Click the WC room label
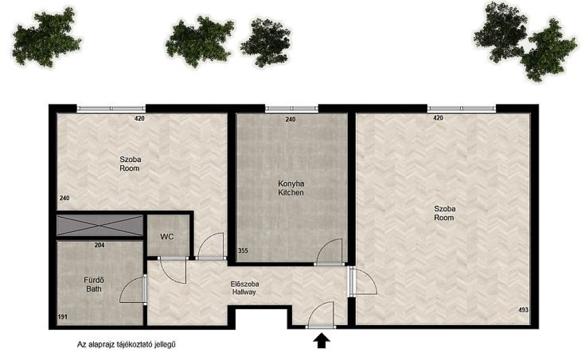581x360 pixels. (167, 236)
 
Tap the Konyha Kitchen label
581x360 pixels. (291, 188)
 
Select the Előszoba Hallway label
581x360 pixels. (245, 288)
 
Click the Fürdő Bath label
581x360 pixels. (94, 285)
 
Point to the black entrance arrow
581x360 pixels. (321, 341)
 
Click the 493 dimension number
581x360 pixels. (523, 310)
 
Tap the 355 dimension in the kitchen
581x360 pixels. (243, 251)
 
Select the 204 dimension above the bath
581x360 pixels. (99, 245)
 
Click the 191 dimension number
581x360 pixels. (62, 317)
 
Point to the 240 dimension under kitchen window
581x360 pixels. (290, 119)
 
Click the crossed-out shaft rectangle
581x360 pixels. (100, 225)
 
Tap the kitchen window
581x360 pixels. (292, 109)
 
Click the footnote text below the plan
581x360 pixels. (126, 345)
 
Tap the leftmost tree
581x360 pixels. (47, 38)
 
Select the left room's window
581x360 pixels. (111, 109)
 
